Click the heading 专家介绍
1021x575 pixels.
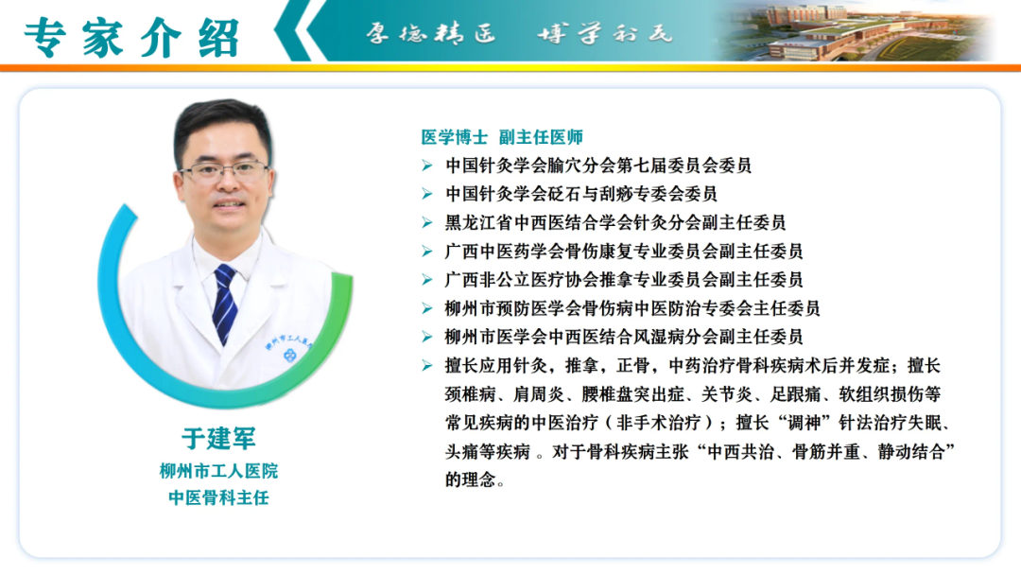click(x=132, y=37)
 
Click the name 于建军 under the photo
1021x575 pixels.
click(x=218, y=438)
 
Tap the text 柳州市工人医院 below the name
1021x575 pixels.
click(x=218, y=471)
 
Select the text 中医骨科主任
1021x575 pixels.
click(x=218, y=497)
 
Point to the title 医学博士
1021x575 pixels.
click(x=454, y=137)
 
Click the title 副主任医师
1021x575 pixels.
click(x=541, y=137)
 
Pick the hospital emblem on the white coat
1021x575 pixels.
click(x=289, y=355)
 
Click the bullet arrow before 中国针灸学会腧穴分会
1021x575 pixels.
click(x=427, y=166)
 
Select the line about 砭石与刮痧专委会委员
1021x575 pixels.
click(x=580, y=194)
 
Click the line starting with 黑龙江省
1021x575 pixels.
click(x=615, y=222)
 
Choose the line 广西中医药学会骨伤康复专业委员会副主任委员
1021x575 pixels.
click(x=624, y=251)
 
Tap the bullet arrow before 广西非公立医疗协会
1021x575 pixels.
click(x=427, y=280)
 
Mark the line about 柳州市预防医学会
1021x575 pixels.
click(x=632, y=308)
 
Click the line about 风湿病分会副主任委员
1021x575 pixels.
click(x=624, y=337)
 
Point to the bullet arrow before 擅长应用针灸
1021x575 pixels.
click(x=427, y=366)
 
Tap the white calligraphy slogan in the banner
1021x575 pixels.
click(x=519, y=32)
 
